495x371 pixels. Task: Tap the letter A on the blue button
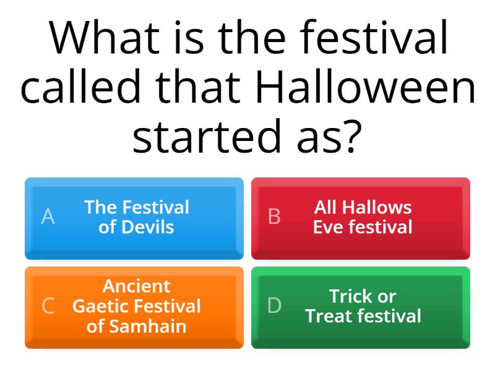[48, 217]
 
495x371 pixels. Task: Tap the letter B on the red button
[274, 217]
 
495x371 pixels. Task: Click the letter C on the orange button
[48, 306]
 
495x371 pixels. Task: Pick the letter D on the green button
[274, 306]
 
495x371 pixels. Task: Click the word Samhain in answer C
[147, 326]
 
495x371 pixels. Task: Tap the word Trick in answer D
[353, 296]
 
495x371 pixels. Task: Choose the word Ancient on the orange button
[137, 286]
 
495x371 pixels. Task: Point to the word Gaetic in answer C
[101, 306]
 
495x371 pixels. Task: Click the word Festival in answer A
[155, 207]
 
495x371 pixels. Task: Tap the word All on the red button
[326, 207]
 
